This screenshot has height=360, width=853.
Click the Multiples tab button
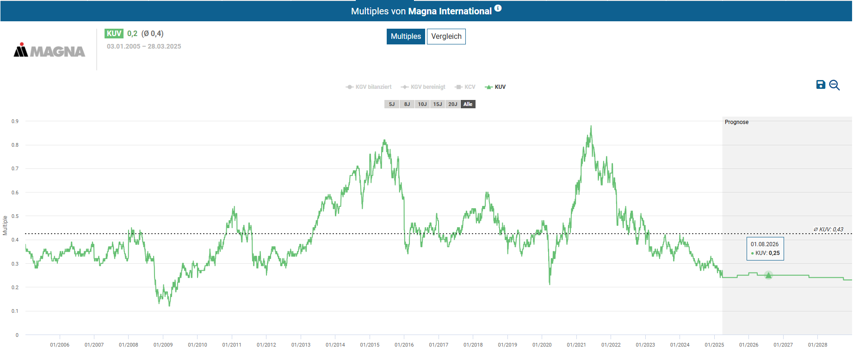click(x=406, y=37)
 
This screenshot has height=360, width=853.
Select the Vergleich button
click(x=446, y=37)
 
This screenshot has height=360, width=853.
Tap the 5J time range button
click(x=392, y=104)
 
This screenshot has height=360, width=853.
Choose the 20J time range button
click(x=452, y=104)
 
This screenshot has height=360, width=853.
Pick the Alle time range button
click(x=468, y=104)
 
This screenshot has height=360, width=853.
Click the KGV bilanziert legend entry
click(x=369, y=87)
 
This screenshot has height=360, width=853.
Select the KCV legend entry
click(x=465, y=87)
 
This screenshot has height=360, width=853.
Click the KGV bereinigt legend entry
click(x=423, y=87)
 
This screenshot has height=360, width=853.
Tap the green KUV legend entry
click(x=495, y=87)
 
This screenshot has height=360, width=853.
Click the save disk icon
click(x=821, y=85)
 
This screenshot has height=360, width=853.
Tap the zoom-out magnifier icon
click(x=834, y=85)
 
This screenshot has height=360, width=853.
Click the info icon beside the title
click(x=498, y=8)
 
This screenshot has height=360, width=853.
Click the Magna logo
click(x=49, y=50)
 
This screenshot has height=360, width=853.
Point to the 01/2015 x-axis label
click(x=370, y=345)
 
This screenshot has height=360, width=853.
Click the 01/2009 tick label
click(x=163, y=345)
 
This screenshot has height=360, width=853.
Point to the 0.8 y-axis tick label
click(x=15, y=145)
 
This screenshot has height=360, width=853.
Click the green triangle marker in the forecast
click(x=768, y=275)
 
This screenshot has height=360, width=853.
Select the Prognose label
click(x=736, y=122)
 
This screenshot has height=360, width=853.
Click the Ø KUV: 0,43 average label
click(x=828, y=230)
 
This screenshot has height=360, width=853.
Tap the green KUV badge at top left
click(x=114, y=33)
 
